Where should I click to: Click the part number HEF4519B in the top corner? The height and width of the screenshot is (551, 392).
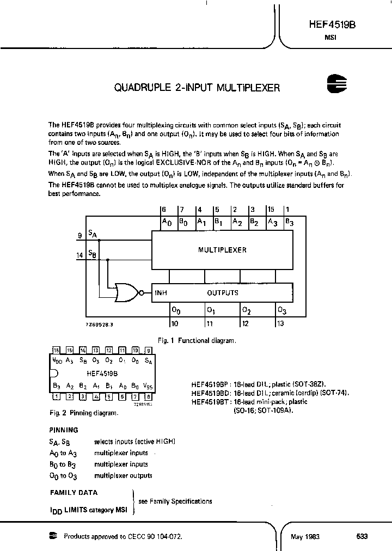[332, 25]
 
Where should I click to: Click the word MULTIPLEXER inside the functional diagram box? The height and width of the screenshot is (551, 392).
[222, 250]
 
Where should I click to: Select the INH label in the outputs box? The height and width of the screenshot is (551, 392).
[161, 293]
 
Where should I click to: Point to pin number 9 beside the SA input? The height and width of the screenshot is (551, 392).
[79, 236]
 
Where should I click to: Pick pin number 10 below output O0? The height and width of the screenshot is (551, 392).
[174, 323]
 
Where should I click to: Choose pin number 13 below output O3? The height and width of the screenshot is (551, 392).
[280, 323]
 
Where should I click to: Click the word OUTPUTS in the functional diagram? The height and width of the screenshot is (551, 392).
[222, 293]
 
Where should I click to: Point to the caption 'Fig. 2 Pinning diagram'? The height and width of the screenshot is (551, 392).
[83, 413]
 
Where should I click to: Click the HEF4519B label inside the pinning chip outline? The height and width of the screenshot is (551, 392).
[102, 374]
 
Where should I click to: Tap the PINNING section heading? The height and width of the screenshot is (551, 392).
[64, 430]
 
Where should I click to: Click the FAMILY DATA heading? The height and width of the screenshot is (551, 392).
[74, 493]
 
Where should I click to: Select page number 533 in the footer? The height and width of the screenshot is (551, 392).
[362, 536]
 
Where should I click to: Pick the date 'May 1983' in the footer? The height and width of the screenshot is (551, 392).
[305, 536]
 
